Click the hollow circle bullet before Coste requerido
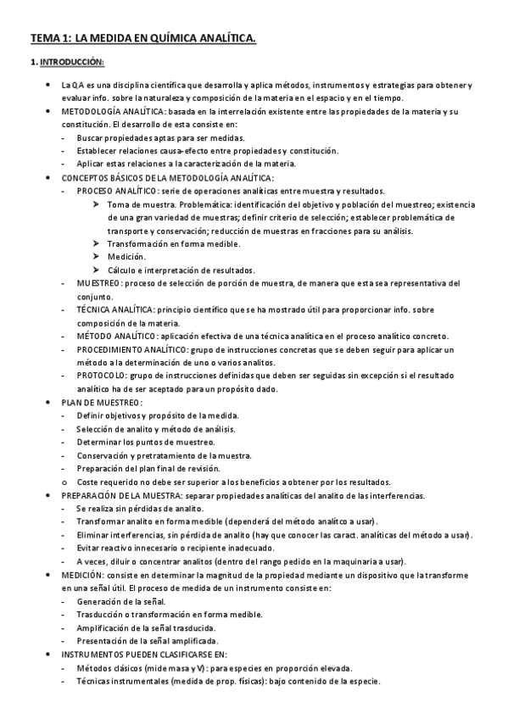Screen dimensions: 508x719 tap(65, 481)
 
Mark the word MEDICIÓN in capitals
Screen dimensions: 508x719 tap(82, 574)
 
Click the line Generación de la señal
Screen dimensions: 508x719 tap(126, 600)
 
